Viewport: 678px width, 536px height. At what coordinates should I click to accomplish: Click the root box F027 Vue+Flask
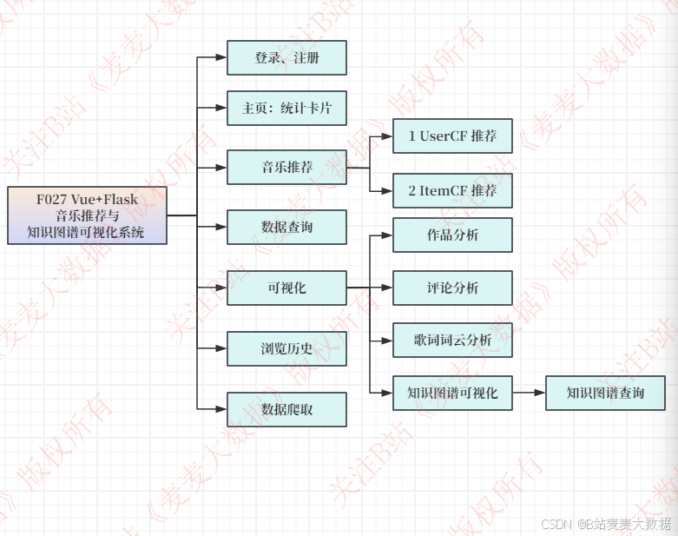coord(87,215)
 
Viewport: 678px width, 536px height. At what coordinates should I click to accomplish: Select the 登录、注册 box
coord(286,58)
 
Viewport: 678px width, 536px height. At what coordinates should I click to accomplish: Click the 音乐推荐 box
coord(286,167)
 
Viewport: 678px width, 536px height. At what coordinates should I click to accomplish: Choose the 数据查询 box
coord(286,228)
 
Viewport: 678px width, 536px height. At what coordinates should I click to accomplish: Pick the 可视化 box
coord(286,288)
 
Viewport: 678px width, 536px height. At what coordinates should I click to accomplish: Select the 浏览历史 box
coord(286,348)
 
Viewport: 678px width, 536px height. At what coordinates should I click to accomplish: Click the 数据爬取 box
coord(286,409)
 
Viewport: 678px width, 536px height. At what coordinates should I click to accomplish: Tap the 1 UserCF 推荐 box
coord(452,136)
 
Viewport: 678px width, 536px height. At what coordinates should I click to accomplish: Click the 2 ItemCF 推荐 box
coord(452,190)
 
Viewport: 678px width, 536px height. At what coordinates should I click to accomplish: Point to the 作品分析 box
coord(452,235)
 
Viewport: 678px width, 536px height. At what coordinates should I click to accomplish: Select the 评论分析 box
coord(452,288)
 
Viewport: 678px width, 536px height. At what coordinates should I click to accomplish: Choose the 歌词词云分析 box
coord(452,341)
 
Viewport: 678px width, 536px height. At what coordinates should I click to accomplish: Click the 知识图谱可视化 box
coord(452,393)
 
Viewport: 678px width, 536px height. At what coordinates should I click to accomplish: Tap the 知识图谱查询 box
coord(605,393)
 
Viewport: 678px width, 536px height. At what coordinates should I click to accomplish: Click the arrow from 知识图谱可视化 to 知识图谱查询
coord(529,393)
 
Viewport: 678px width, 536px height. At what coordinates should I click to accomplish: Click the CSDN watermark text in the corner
coord(605,524)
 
